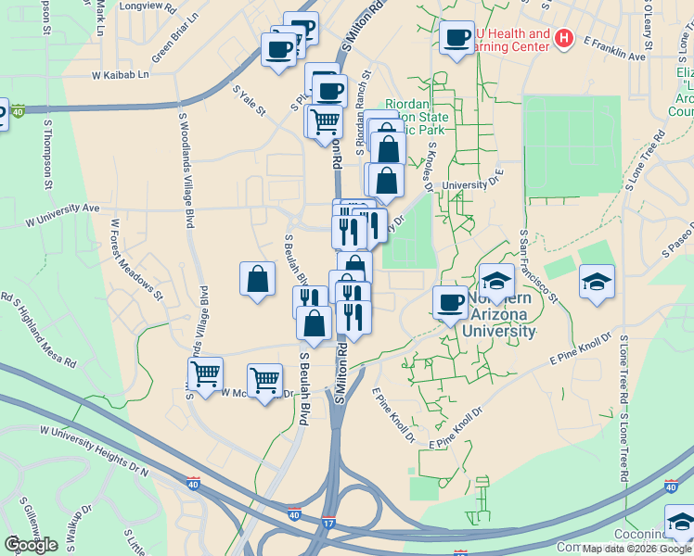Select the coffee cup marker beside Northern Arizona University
click(x=451, y=302)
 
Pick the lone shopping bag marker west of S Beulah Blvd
click(x=257, y=279)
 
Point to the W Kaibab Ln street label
click(x=120, y=75)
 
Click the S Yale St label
click(x=249, y=102)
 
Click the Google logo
click(x=31, y=544)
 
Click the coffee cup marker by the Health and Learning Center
click(x=456, y=38)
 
